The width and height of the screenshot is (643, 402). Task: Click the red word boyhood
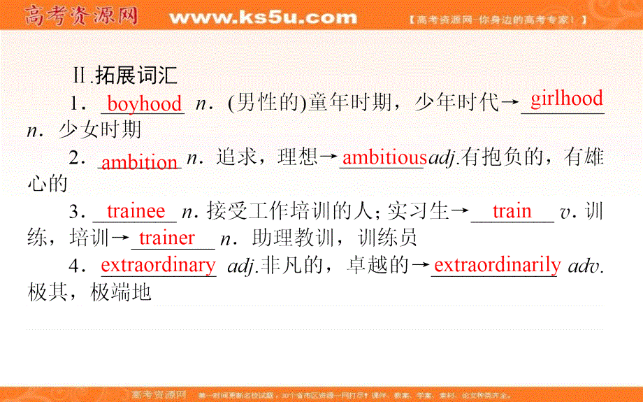click(x=145, y=105)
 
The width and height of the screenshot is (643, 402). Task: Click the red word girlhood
click(x=566, y=99)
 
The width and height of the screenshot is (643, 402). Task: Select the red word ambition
click(x=140, y=163)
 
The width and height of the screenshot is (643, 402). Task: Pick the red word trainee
click(x=136, y=211)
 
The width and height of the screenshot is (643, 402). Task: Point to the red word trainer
click(x=167, y=238)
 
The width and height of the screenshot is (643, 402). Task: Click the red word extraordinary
click(x=159, y=265)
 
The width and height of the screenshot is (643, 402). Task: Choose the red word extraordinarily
click(x=497, y=265)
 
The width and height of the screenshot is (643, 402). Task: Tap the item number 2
click(x=76, y=159)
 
